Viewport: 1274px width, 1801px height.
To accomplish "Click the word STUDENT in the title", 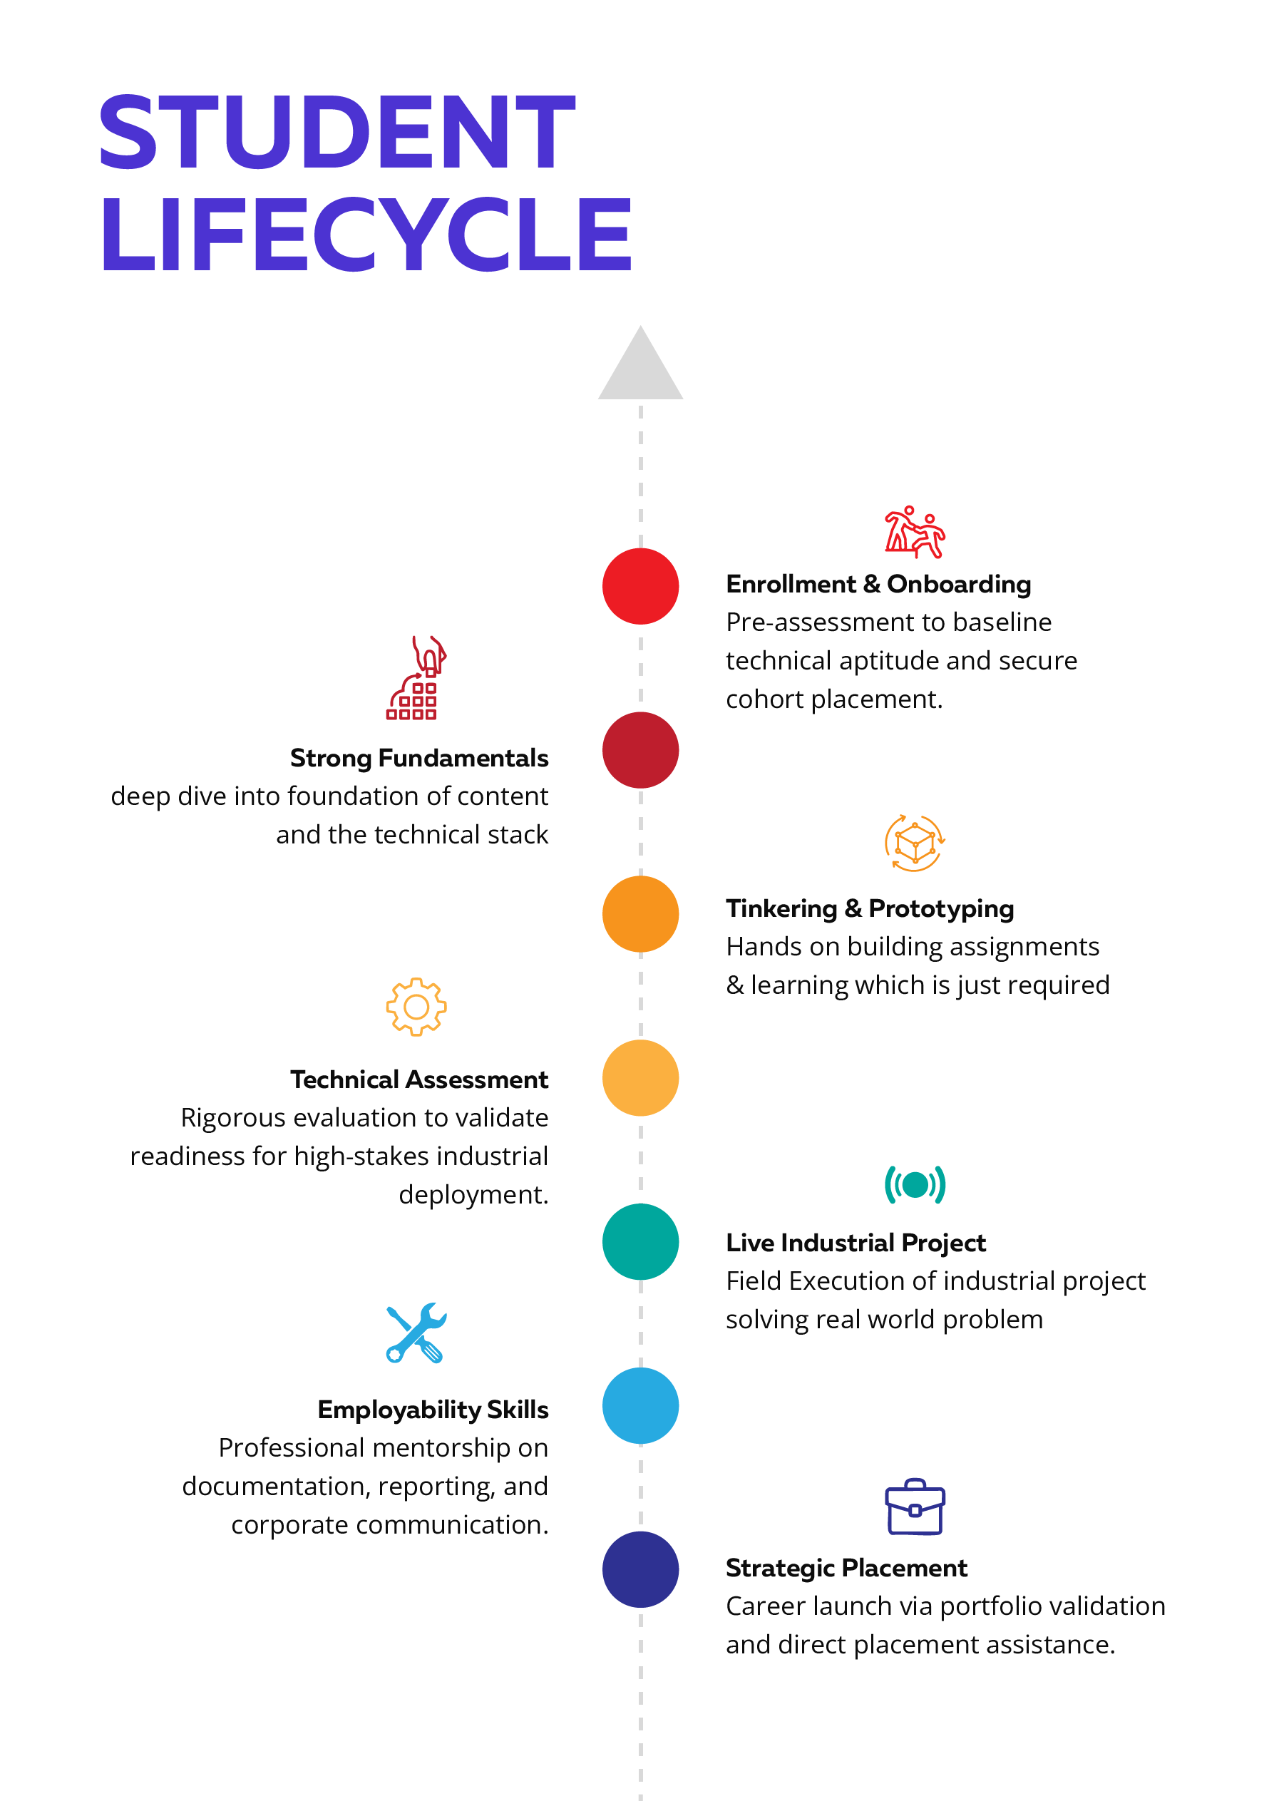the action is pos(337,132).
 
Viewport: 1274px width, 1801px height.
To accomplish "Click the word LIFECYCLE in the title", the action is pos(366,234).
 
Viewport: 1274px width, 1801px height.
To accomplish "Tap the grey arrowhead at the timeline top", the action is pos(640,362).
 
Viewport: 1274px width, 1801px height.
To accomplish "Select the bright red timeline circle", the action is pos(640,586).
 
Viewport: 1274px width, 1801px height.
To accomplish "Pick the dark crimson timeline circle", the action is pos(640,750).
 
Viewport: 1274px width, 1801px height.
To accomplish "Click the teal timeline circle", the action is pos(640,1242).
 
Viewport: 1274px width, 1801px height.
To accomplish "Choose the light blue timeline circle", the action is pos(640,1406).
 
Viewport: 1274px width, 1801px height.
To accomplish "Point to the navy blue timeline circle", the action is pos(640,1569).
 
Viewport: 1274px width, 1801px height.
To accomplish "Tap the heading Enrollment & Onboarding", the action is pos(878,585).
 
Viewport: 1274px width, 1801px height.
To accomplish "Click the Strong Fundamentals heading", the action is pos(419,758).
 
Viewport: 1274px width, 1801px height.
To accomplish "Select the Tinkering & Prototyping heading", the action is pos(870,909).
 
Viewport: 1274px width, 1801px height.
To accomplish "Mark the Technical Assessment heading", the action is pos(419,1080).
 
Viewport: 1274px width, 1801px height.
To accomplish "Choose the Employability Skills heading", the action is pos(433,1410).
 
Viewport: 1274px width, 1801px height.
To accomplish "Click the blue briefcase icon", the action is pos(915,1506).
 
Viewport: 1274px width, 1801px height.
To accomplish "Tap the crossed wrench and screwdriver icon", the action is pos(416,1333).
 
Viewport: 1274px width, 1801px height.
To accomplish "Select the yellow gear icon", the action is pos(416,1007).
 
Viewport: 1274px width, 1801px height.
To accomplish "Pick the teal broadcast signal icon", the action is pos(915,1184).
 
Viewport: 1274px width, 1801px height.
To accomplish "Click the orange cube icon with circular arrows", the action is pos(915,843).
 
